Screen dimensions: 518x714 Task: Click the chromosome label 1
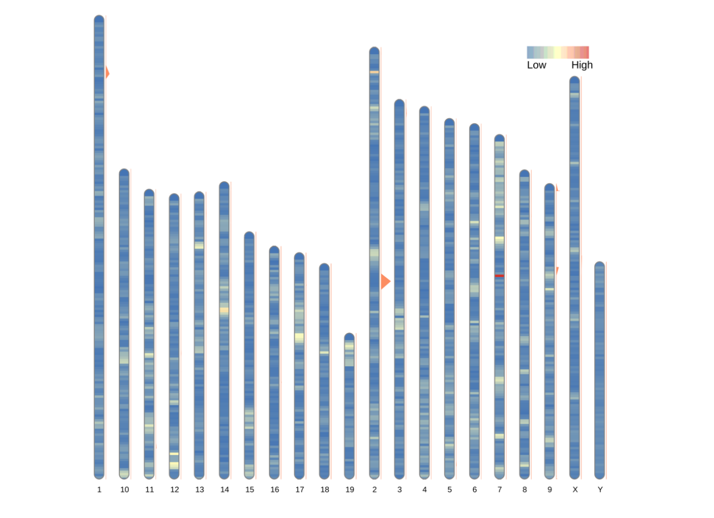[99, 490]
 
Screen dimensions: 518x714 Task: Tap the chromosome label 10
[124, 490]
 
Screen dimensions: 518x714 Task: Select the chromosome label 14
[224, 490]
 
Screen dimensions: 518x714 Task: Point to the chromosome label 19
[350, 490]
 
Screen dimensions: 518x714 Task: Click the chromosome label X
[575, 490]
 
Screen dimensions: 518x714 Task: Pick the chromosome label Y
[600, 490]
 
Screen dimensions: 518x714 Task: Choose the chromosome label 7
[500, 490]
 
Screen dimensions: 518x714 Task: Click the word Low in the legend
[537, 65]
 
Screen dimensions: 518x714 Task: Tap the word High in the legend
[582, 65]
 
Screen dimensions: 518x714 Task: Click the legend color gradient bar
[558, 52]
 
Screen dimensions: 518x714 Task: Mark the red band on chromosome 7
[499, 275]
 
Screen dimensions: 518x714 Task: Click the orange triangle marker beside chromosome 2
[385, 282]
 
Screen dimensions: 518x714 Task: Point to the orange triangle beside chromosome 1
[107, 73]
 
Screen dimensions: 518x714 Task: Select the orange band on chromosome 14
[224, 309]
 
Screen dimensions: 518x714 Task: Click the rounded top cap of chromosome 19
[349, 336]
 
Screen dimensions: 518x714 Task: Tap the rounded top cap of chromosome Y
[600, 265]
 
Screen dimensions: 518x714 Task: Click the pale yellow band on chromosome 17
[300, 337]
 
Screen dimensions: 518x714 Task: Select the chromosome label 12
[175, 490]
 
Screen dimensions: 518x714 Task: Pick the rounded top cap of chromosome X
[575, 80]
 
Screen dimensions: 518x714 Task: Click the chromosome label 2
[374, 490]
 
